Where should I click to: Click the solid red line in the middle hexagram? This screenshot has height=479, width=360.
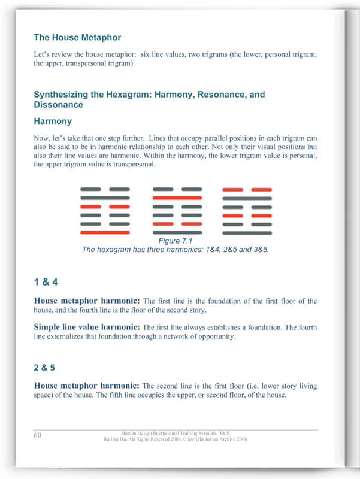177,197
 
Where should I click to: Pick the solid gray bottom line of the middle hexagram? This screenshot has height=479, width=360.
177,232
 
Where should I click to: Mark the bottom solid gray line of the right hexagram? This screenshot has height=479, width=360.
247,232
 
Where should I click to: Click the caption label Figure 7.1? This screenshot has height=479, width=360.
176,241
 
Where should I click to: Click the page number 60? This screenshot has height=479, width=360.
37,435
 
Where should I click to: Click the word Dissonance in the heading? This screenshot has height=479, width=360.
59,105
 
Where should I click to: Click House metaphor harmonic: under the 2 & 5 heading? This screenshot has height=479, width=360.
87,386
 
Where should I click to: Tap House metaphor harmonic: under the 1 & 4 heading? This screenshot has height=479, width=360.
87,301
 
